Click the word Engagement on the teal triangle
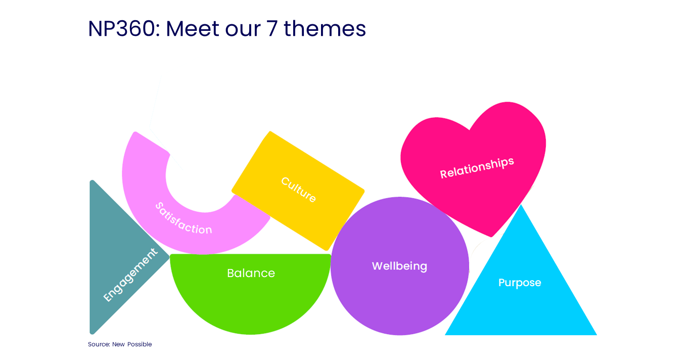click(130, 275)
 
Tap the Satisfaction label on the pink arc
click(184, 219)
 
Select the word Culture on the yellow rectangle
click(299, 190)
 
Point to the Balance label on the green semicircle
click(251, 273)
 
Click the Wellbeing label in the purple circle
click(399, 266)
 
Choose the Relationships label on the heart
click(477, 168)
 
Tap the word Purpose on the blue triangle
click(520, 283)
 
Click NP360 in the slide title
click(124, 28)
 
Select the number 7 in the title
click(272, 28)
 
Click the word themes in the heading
click(325, 28)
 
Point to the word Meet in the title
click(193, 28)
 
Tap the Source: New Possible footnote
click(120, 344)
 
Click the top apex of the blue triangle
click(521, 205)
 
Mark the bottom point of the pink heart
click(491, 237)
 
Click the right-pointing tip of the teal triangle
click(169, 257)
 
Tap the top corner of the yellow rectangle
click(270, 131)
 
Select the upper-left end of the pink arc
click(135, 132)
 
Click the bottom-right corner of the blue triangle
click(597, 335)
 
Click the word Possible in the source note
click(140, 344)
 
